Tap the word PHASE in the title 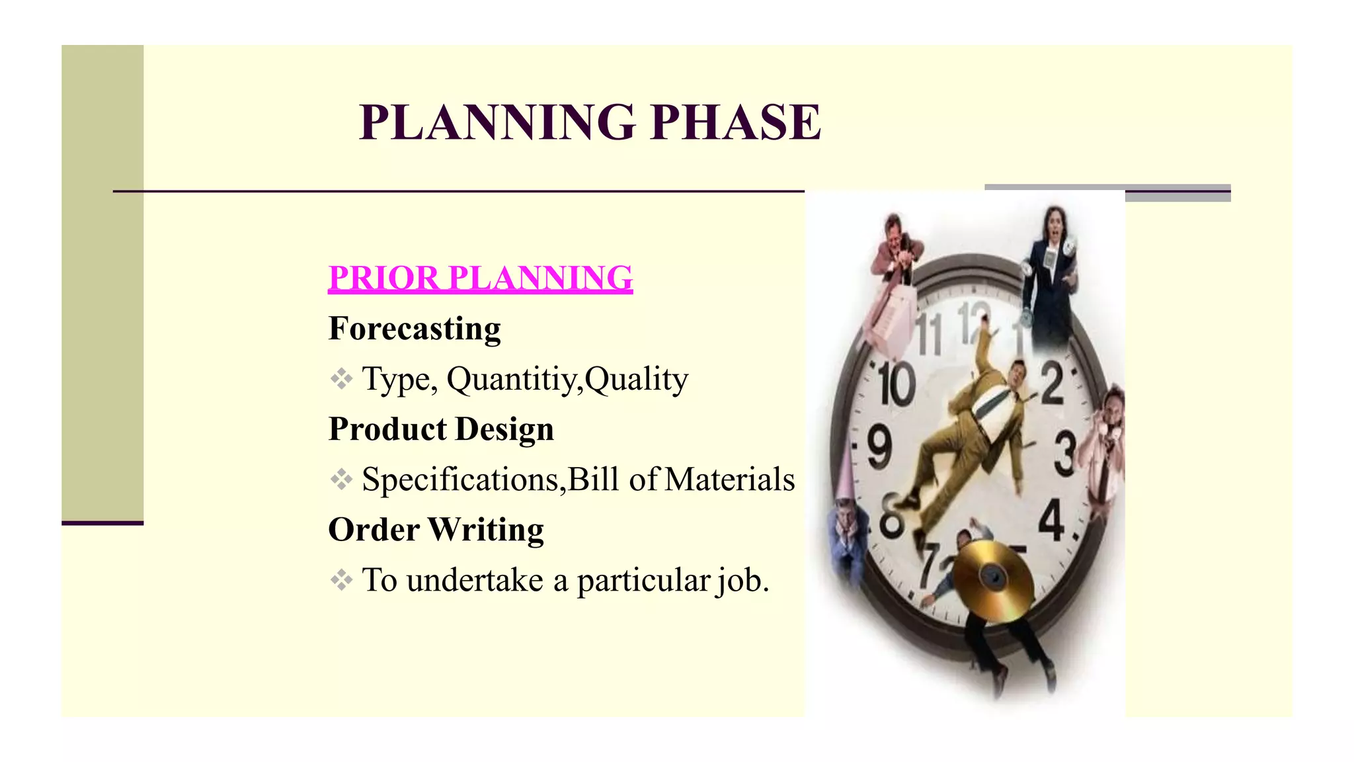(x=735, y=123)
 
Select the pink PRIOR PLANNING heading (x=481, y=278)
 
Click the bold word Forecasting (x=415, y=329)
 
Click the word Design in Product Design (x=504, y=429)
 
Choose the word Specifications (x=460, y=480)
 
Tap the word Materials (x=729, y=480)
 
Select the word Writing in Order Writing (x=486, y=530)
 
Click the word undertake (x=475, y=580)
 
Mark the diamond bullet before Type (x=341, y=379)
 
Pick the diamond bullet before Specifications (x=341, y=480)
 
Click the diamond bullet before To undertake (x=341, y=580)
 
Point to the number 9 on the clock (x=879, y=448)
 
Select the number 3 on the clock (x=1064, y=453)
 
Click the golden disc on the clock (x=993, y=579)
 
